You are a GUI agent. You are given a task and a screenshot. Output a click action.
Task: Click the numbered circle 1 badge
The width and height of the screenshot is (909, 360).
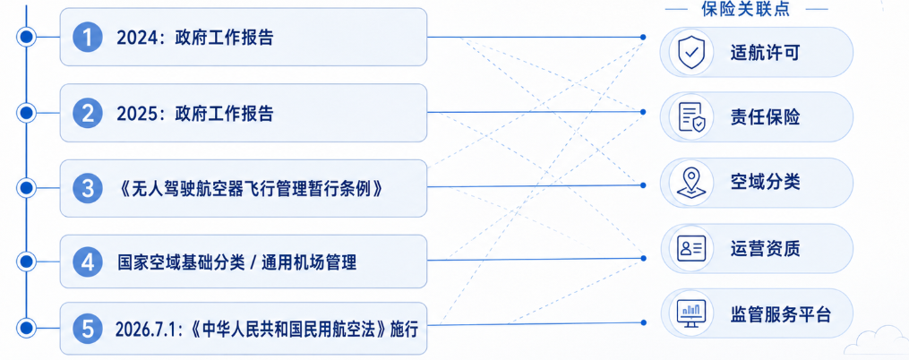(88, 38)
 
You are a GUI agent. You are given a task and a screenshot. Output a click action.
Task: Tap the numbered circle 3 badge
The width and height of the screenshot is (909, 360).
(88, 188)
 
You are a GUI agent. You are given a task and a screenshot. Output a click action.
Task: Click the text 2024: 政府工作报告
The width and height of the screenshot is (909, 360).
(195, 39)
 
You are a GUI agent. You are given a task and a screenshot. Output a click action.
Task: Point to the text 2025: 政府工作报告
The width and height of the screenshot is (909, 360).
(195, 114)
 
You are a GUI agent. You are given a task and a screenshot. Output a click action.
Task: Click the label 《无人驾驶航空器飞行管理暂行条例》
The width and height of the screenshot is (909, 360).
(250, 188)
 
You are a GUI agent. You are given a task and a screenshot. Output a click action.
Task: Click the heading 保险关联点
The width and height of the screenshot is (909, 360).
(745, 9)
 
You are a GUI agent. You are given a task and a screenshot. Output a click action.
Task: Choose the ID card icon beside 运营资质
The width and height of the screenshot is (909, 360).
(691, 249)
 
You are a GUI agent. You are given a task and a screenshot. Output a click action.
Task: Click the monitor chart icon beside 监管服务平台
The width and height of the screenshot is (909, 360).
(691, 313)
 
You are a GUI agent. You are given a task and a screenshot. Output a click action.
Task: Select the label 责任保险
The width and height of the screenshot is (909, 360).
(765, 117)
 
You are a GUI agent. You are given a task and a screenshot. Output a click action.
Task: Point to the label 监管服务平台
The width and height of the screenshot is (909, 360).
(780, 314)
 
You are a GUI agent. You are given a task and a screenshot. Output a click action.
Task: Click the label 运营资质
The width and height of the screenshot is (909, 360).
(765, 249)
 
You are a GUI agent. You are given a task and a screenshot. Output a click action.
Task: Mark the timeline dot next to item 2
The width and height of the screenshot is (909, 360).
(25, 113)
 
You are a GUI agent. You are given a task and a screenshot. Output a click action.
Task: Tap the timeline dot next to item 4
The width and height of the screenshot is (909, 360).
(25, 262)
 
